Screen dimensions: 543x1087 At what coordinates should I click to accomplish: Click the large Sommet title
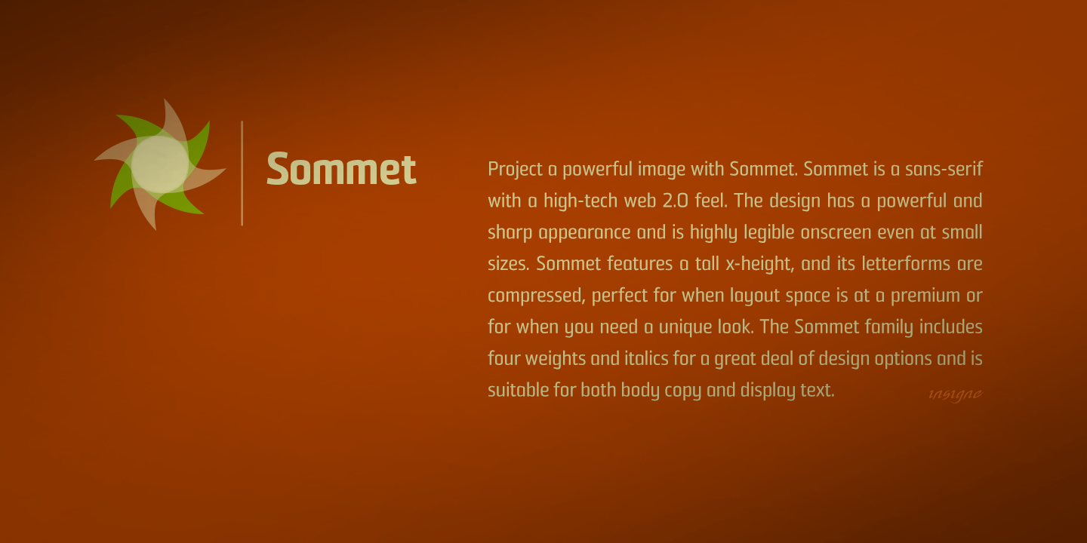341,169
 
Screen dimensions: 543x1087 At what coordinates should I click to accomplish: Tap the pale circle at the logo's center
160,164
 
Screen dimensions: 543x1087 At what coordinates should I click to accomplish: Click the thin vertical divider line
242,173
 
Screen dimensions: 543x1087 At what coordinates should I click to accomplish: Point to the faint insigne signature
955,394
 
